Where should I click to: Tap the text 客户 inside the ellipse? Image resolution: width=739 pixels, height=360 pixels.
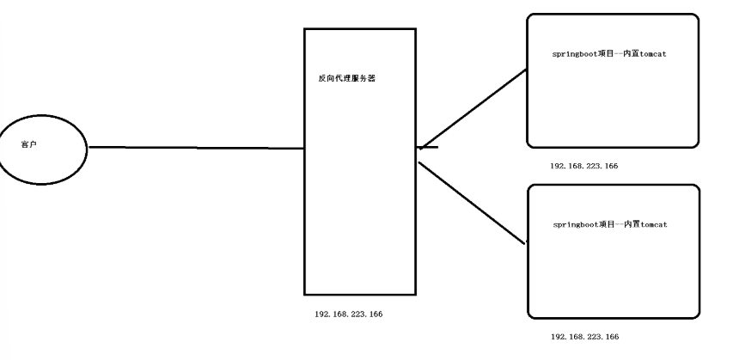[x=28, y=146]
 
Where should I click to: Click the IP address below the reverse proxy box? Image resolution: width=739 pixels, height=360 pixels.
[x=349, y=314]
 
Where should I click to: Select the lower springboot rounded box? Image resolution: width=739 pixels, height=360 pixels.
[x=612, y=266]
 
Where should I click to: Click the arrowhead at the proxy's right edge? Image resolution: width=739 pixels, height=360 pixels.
[x=423, y=147]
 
